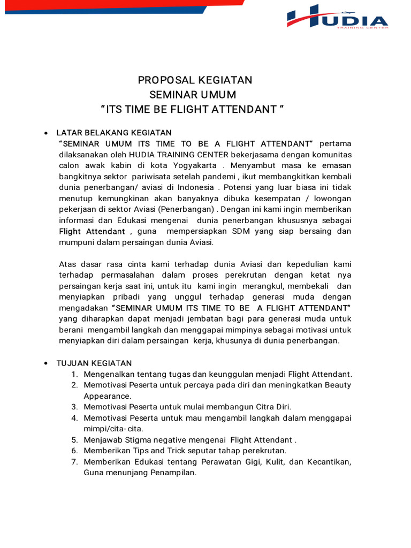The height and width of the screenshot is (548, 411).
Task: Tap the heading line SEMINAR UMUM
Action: point(193,95)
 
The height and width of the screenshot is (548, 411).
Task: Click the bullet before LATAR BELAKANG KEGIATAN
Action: point(46,133)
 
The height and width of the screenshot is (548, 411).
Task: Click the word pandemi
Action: point(218,177)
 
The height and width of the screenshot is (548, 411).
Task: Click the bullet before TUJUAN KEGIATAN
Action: point(46,363)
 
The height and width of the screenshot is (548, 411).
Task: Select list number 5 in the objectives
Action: point(74,440)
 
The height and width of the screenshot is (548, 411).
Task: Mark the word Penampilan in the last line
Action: point(177,473)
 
